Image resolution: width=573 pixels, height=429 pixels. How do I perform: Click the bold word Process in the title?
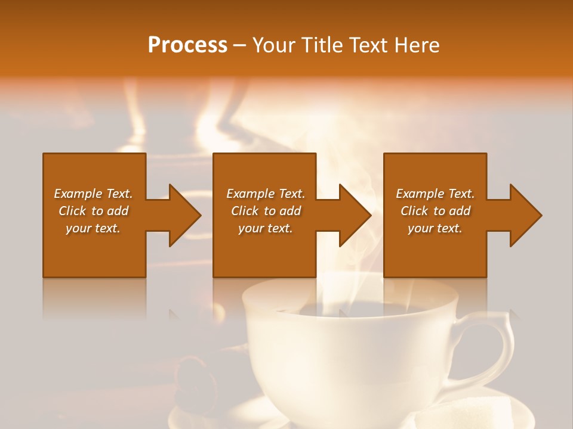coord(187,45)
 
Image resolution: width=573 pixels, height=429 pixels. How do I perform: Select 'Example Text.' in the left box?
coord(93,194)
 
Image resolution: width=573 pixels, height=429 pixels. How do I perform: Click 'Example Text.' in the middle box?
coord(266,194)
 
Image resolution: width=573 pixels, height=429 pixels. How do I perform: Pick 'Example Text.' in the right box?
coord(435,194)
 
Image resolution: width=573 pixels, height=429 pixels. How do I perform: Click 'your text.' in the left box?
coord(93,228)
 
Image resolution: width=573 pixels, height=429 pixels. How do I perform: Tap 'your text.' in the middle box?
coord(266,228)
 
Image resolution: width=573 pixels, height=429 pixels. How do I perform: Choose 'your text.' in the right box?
coord(435,228)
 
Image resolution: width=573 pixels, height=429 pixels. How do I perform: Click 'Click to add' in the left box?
coord(93,211)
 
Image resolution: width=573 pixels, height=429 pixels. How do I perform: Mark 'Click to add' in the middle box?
coord(266,211)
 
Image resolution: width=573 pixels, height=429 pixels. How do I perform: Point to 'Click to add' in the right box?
coord(435,211)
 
